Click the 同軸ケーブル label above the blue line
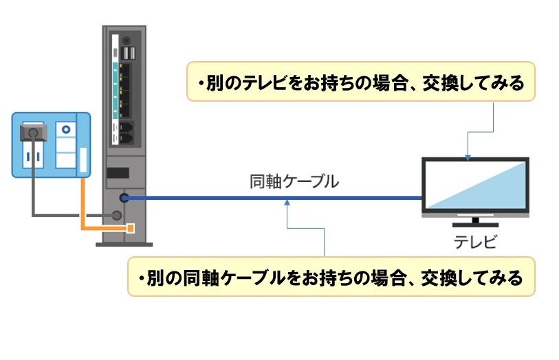click(294, 182)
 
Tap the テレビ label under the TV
click(474, 241)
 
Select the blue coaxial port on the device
click(124, 198)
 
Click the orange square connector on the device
click(129, 227)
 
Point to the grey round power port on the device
click(117, 215)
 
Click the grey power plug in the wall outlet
click(32, 134)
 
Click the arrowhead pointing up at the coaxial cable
click(287, 202)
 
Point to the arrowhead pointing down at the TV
click(468, 157)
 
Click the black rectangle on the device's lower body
click(118, 172)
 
